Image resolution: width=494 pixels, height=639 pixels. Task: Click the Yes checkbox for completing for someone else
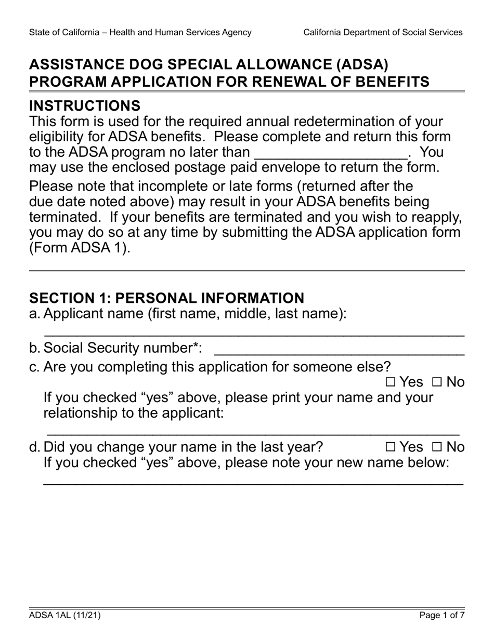pos(391,383)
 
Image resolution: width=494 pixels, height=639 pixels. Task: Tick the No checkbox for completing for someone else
pos(436,383)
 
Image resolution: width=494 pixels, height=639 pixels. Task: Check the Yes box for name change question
pos(391,447)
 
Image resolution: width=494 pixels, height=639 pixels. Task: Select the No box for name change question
pos(436,447)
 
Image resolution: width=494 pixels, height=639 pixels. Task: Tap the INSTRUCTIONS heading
pos(85,106)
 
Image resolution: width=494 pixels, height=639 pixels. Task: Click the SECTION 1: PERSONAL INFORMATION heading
pos(166,298)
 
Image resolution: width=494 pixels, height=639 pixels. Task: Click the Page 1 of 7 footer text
pos(442,616)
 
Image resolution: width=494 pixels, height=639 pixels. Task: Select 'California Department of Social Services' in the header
pos(383,32)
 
